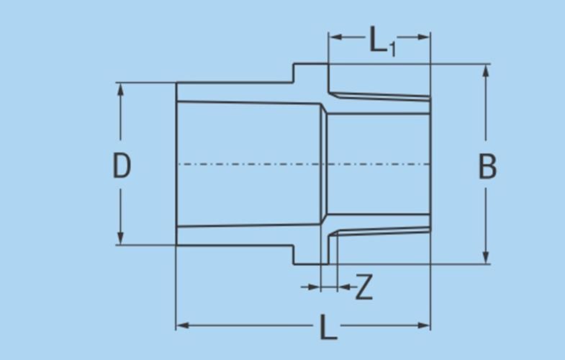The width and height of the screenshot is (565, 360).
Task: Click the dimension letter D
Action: coord(122,166)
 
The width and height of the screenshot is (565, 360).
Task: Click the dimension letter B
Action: coord(487,166)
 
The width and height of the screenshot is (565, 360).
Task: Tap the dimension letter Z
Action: coord(364,287)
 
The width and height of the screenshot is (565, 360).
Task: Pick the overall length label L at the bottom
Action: coord(328,327)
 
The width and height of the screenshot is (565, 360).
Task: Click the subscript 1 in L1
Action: coord(392,49)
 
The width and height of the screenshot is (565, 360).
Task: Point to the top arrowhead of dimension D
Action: coord(120,89)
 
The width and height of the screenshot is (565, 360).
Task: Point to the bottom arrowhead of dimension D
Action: coord(120,238)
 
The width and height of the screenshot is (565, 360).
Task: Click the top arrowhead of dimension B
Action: coord(486,71)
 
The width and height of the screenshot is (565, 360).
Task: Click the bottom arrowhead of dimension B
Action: coord(486,257)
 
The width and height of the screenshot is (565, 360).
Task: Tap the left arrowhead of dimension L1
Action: coord(335,37)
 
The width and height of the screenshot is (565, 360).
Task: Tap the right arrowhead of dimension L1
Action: coord(423,37)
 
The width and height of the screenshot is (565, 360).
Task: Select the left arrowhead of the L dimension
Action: coord(183,325)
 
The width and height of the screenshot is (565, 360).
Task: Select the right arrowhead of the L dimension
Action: coord(423,325)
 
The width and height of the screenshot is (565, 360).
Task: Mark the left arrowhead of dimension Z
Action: coord(314,287)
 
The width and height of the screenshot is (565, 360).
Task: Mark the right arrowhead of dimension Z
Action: coord(344,287)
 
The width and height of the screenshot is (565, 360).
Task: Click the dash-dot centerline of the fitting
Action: coord(304,164)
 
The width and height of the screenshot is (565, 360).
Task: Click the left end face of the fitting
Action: coord(176,164)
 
